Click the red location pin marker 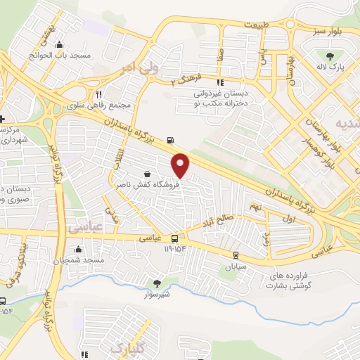[x=181, y=165]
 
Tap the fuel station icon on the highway [x=169, y=139]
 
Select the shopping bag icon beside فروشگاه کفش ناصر [x=146, y=174]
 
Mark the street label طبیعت [x=257, y=24]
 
